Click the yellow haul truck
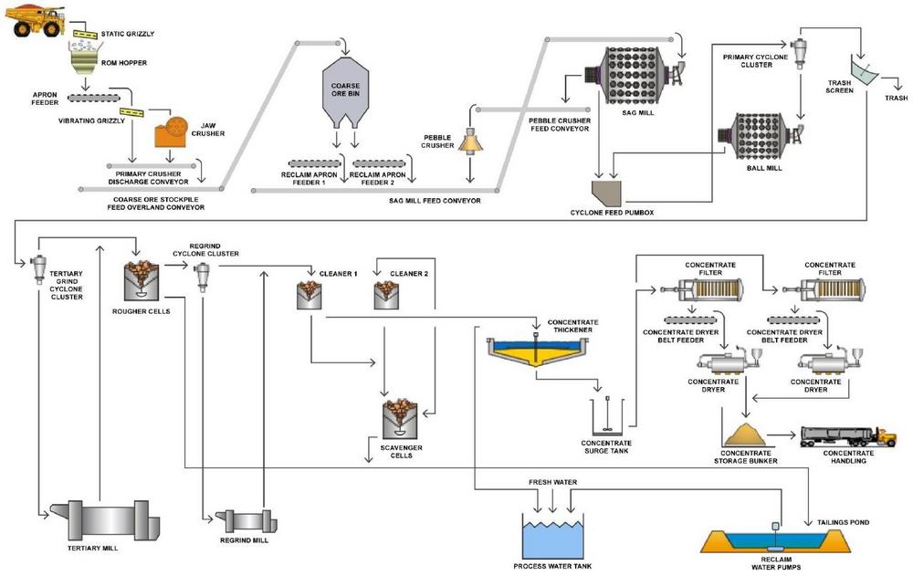pyautogui.click(x=35, y=21)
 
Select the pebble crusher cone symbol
pyautogui.click(x=470, y=141)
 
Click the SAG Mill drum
pyautogui.click(x=637, y=75)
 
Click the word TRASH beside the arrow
pyautogui.click(x=897, y=98)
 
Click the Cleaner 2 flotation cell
pyautogui.click(x=386, y=295)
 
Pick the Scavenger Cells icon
pyautogui.click(x=400, y=419)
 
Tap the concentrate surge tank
pyautogui.click(x=607, y=417)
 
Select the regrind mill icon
pyautogui.click(x=244, y=520)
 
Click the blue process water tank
pyautogui.click(x=552, y=539)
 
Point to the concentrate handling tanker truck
pyautogui.click(x=848, y=435)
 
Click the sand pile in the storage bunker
pyautogui.click(x=747, y=435)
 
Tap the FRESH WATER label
pyautogui.click(x=552, y=482)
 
